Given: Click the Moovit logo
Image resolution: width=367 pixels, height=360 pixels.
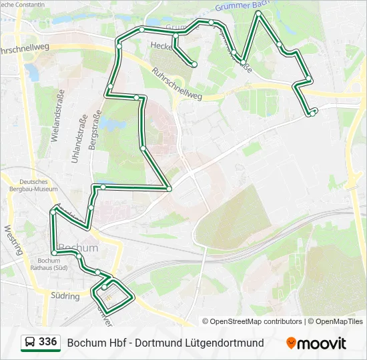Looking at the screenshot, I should (316, 343).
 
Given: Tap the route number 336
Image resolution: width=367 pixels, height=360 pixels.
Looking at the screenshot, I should (47, 342).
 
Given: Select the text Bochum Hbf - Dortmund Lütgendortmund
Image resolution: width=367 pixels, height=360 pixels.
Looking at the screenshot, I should (165, 343).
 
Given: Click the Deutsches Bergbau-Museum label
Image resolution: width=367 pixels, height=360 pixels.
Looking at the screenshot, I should (39, 185).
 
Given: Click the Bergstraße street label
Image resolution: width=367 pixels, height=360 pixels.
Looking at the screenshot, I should (94, 134).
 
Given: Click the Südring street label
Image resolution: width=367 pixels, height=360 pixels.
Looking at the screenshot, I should (65, 294).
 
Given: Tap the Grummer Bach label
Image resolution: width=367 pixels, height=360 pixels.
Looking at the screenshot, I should (241, 7).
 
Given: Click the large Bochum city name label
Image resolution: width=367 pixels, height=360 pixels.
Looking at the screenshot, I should (78, 248).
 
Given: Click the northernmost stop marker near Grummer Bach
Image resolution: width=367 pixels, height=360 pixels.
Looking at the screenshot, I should (258, 13).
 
